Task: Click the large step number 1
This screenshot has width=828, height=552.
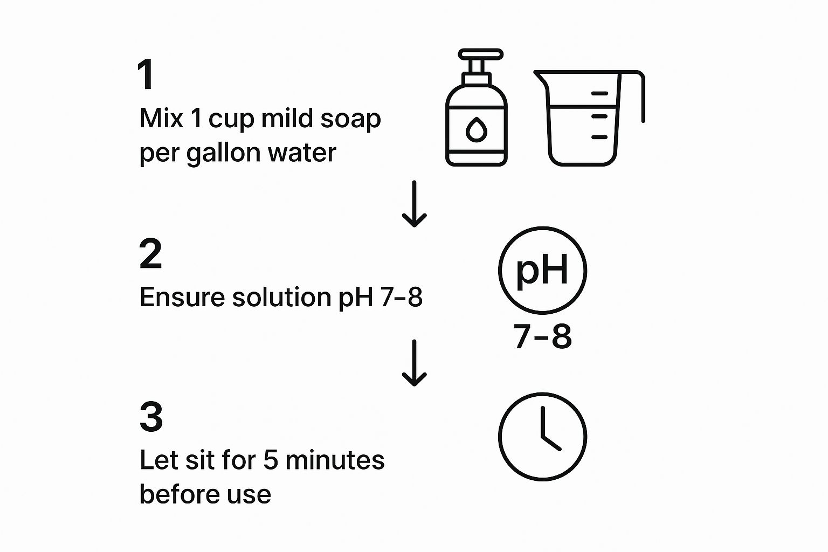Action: tap(146, 74)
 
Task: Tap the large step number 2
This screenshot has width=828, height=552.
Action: tap(150, 253)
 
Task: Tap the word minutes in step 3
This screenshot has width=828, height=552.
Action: tap(335, 460)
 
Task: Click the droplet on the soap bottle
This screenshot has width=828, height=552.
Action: tap(476, 130)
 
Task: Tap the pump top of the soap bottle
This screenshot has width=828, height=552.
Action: tap(480, 54)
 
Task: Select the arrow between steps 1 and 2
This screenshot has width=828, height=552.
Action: tap(415, 204)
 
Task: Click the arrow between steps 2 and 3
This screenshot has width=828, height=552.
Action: tap(415, 363)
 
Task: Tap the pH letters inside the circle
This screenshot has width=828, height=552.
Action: tap(542, 270)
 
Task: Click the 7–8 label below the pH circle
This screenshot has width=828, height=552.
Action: tap(543, 336)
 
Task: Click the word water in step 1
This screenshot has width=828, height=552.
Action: tap(302, 153)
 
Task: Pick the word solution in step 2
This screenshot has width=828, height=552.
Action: tap(282, 297)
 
